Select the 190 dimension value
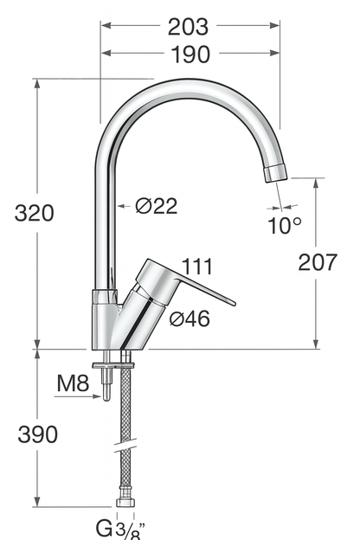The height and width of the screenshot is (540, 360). pyautogui.click(x=189, y=55)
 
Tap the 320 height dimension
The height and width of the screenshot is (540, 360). pyautogui.click(x=35, y=213)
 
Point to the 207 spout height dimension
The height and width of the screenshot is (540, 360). pyautogui.click(x=318, y=263)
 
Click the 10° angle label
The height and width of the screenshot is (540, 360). pyautogui.click(x=285, y=225)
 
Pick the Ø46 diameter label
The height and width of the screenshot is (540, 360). pyautogui.click(x=190, y=318)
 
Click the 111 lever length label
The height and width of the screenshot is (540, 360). pyautogui.click(x=197, y=267)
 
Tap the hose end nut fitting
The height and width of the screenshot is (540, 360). pyautogui.click(x=124, y=502)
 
